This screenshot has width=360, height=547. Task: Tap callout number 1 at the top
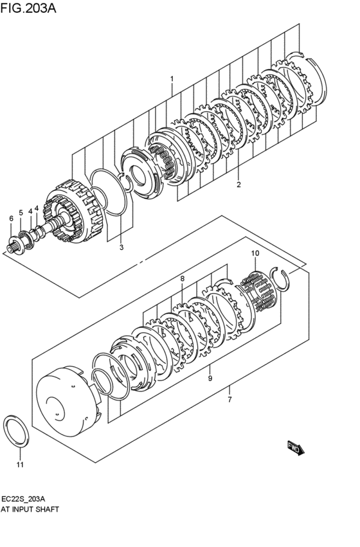click(x=172, y=79)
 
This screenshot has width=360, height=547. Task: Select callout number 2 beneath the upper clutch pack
click(x=238, y=184)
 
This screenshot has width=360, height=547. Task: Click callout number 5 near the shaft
click(x=21, y=213)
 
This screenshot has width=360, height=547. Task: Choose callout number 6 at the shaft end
click(x=11, y=219)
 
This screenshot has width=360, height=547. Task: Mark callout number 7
click(x=229, y=399)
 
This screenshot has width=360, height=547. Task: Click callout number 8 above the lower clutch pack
click(x=182, y=279)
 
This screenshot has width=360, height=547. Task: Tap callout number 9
click(x=210, y=379)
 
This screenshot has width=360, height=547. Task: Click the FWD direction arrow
click(x=295, y=448)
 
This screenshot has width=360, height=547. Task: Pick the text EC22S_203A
click(x=28, y=498)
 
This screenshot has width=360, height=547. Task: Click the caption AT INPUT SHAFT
click(x=31, y=508)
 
